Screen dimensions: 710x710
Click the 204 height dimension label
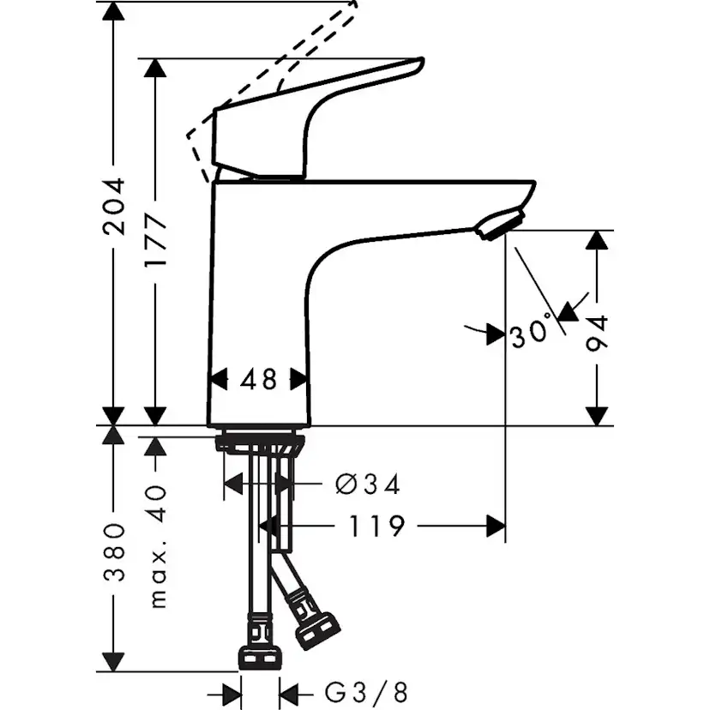pyautogui.click(x=113, y=207)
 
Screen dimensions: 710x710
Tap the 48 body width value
pyautogui.click(x=258, y=379)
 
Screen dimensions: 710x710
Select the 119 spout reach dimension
pyautogui.click(x=376, y=526)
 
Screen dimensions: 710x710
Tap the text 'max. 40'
pyautogui.click(x=156, y=545)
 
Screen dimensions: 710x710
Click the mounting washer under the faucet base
pyautogui.click(x=260, y=444)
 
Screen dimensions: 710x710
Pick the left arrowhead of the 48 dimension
pyautogui.click(x=220, y=379)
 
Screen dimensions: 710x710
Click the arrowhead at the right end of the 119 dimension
pyautogui.click(x=495, y=526)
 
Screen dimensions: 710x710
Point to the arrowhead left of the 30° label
pyautogui.click(x=494, y=334)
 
